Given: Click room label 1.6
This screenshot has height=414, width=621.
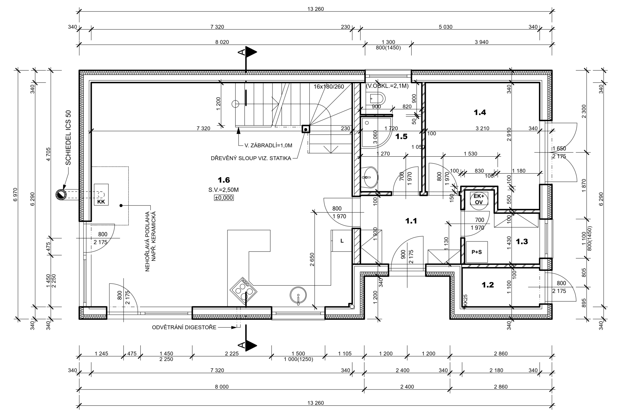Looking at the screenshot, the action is (224, 180).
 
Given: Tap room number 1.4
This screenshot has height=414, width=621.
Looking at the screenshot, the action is (480, 112).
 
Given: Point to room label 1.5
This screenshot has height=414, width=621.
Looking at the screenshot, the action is (401, 137).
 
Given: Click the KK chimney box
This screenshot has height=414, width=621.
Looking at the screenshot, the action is (101, 195).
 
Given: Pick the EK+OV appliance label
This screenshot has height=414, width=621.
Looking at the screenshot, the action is (479, 199).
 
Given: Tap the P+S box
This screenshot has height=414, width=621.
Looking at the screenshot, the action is (477, 252).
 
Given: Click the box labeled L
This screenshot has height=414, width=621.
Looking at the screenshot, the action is (342, 241).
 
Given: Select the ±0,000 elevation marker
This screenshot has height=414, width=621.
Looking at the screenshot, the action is (224, 198).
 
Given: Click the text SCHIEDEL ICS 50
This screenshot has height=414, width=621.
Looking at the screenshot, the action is (68, 138).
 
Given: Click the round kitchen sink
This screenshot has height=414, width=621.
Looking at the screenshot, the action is (298, 295).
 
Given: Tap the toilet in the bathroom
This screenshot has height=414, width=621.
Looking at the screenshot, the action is (377, 99).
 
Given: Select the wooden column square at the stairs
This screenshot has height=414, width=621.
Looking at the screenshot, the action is (306, 129).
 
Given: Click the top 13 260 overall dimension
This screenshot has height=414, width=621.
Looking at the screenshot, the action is (315, 9).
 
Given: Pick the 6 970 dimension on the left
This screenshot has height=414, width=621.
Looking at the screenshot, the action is (15, 195).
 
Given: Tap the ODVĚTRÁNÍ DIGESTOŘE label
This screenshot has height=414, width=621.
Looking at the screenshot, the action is (184, 327).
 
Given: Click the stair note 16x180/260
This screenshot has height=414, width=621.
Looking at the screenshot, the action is (329, 87).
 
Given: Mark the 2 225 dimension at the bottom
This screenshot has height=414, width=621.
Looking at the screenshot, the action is (232, 354).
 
